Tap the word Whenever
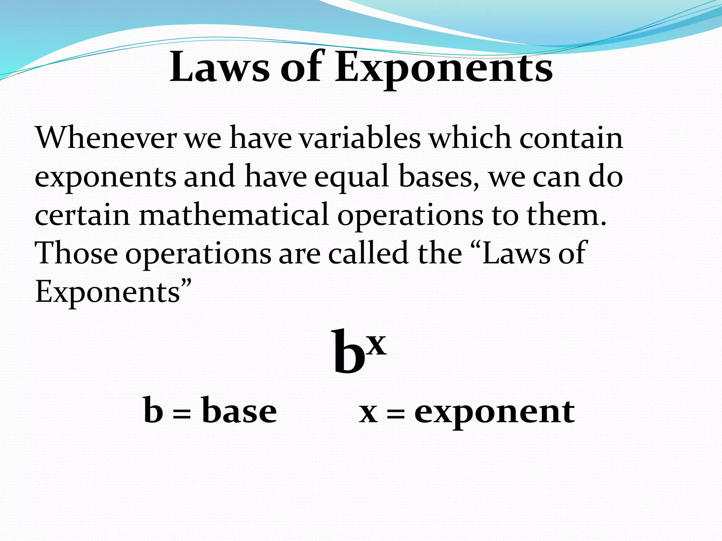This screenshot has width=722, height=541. [x=105, y=138]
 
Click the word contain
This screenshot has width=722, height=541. [x=571, y=138]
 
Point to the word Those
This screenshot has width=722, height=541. [x=76, y=253]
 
